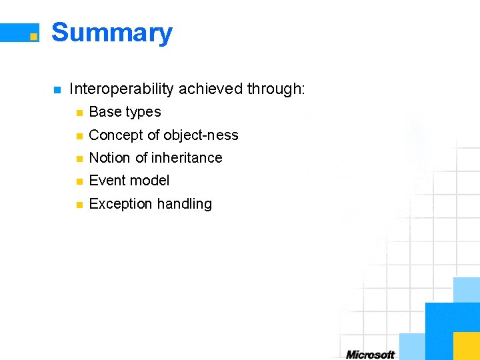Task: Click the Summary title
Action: click(111, 33)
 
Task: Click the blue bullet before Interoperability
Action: click(57, 89)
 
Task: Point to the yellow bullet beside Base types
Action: click(79, 113)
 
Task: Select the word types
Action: click(143, 113)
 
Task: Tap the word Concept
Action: click(116, 135)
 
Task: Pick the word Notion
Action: click(109, 158)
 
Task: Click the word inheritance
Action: click(187, 158)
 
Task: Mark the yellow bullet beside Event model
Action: click(79, 181)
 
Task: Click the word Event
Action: click(107, 181)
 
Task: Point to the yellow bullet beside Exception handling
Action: click(79, 205)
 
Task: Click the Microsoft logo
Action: click(370, 354)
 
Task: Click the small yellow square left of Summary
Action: click(33, 37)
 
